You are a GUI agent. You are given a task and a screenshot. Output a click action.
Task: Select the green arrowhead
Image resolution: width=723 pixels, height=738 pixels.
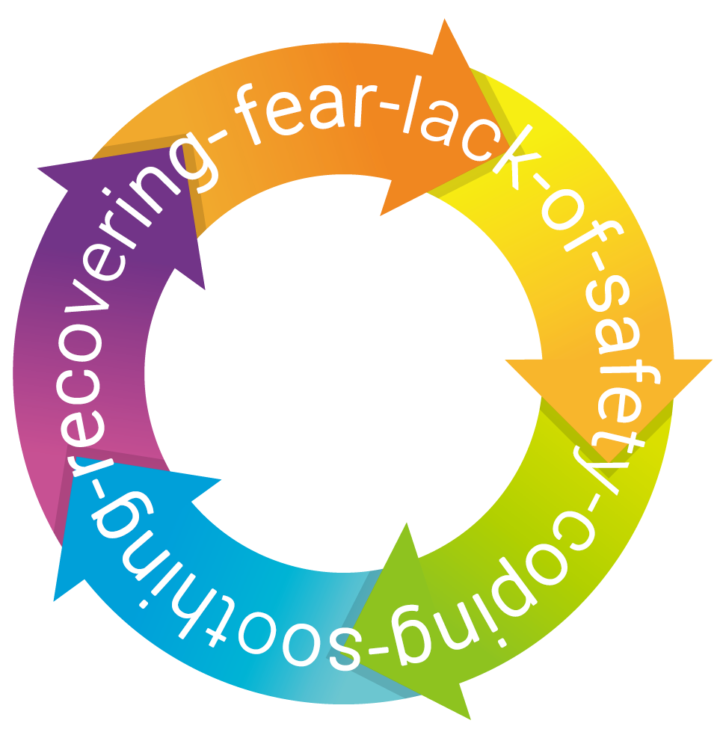pyautogui.click(x=396, y=591)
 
